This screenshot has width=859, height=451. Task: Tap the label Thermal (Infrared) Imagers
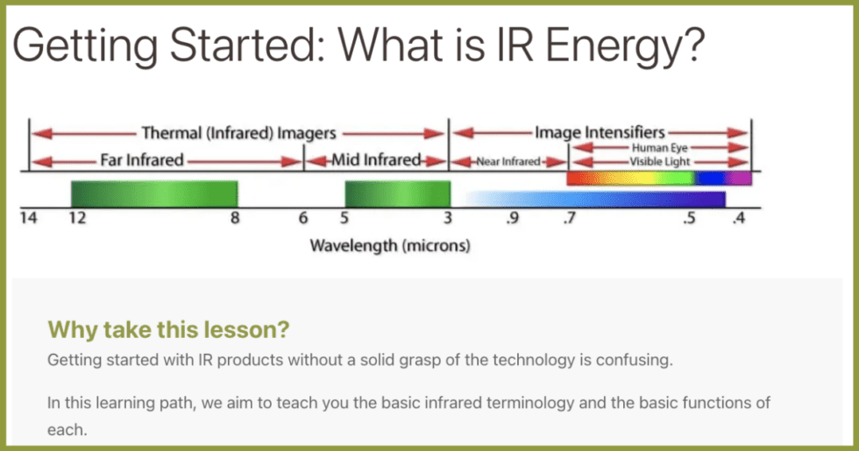238,133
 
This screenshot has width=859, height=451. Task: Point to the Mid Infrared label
376,160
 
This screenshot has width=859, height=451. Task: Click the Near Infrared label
508,162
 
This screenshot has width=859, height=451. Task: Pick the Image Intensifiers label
600,132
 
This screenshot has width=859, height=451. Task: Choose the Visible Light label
659,162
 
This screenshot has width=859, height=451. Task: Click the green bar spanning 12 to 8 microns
154,194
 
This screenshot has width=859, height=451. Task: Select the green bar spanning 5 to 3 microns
397,194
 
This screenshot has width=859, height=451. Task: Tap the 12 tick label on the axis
78,220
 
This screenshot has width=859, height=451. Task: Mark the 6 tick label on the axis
303,220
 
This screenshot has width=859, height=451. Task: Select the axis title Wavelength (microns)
390,246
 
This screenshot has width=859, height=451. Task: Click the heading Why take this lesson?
168,329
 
